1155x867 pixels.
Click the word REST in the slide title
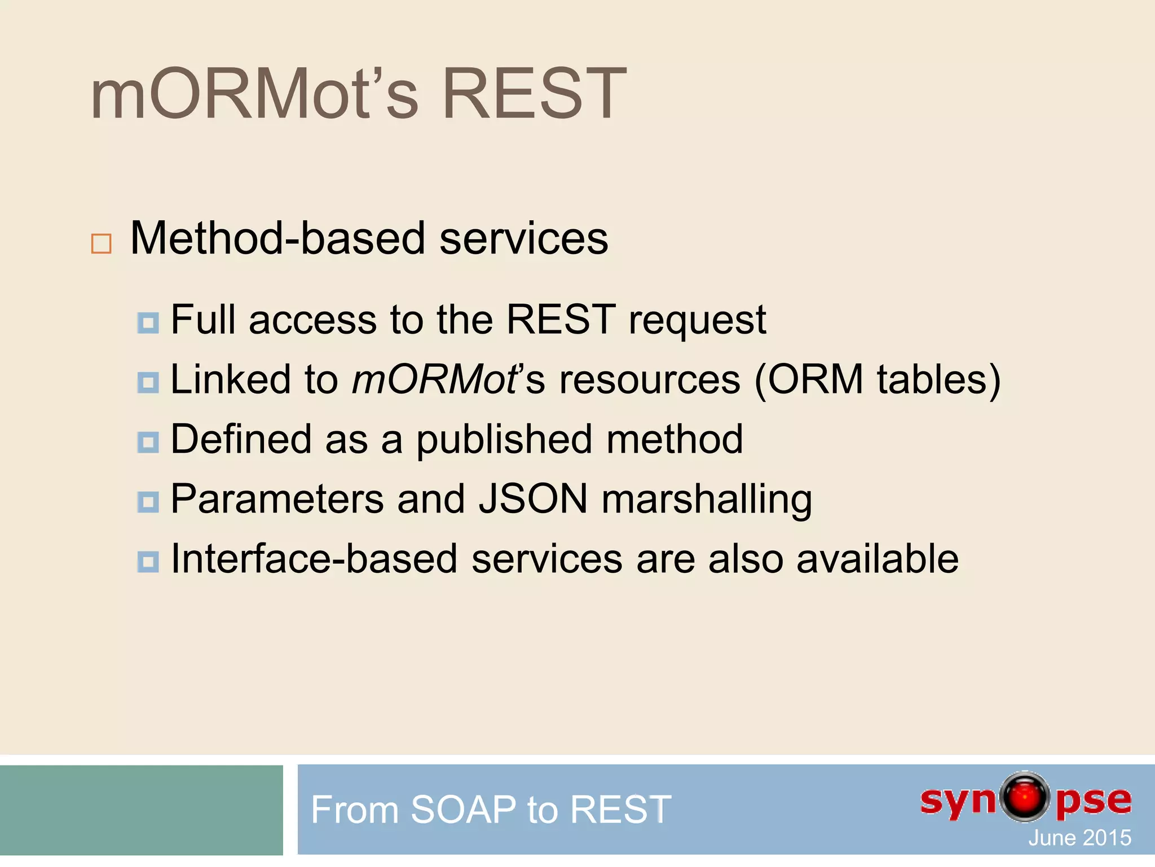pos(534,94)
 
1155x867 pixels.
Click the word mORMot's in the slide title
pos(254,94)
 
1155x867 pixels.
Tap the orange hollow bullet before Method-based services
pos(102,243)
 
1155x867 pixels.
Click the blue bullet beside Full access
pos(148,323)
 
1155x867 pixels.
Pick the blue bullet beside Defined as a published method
pos(148,442)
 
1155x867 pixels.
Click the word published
pos(504,440)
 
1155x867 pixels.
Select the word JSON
pos(533,499)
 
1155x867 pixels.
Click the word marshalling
pos(707,500)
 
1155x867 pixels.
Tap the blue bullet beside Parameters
pos(148,502)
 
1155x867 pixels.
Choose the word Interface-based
pos(314,559)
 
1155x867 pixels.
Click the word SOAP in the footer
pos(462,809)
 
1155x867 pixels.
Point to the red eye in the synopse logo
pos(1025,797)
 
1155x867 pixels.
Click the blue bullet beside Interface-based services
pos(148,562)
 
